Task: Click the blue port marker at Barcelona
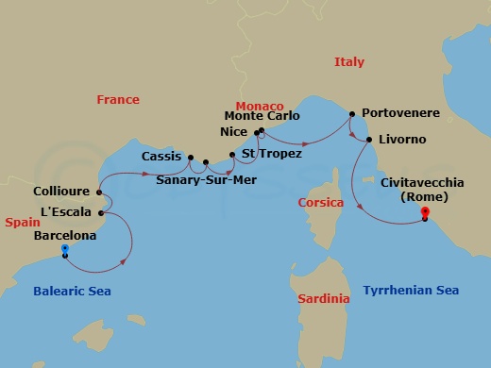(x=64, y=249)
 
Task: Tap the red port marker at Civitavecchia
(x=424, y=211)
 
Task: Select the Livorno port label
(x=401, y=140)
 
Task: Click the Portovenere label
(x=400, y=113)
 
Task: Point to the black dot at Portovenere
(x=351, y=114)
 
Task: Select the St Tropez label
(x=272, y=153)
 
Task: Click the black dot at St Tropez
(x=232, y=153)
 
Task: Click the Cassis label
(x=161, y=156)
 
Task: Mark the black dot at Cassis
(x=190, y=158)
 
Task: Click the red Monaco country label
(x=259, y=106)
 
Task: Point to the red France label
(x=118, y=100)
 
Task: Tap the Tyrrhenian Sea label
(x=411, y=292)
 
